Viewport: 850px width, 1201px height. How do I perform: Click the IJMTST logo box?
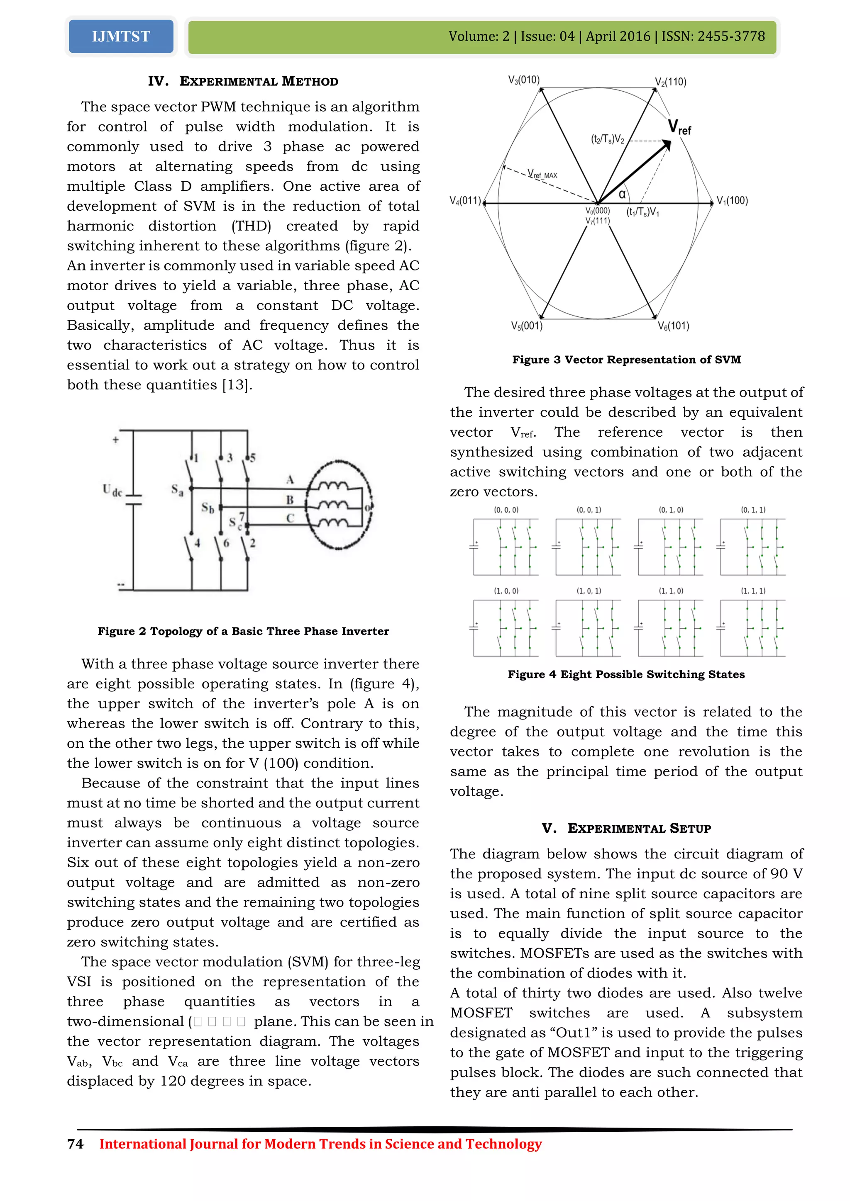tap(121, 36)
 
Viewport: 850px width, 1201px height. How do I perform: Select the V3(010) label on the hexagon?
tap(524, 80)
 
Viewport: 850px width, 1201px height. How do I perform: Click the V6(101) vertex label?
tap(673, 326)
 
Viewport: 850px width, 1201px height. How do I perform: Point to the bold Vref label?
tap(679, 128)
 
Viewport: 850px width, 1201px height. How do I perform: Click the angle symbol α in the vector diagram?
tap(622, 194)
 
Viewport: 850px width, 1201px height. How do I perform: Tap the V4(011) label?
tap(465, 201)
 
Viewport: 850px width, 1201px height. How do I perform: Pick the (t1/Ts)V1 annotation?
tap(643, 212)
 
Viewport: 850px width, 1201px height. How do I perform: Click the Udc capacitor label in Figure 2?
tap(112, 490)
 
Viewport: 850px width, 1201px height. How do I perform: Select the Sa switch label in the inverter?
tap(178, 490)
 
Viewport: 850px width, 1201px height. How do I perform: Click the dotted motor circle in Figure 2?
tap(339, 505)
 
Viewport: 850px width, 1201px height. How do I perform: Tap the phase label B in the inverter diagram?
tap(289, 500)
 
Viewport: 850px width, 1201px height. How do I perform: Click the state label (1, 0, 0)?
tap(506, 591)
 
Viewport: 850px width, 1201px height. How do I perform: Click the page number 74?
tap(76, 1144)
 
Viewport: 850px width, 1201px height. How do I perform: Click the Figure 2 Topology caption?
tap(243, 631)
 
